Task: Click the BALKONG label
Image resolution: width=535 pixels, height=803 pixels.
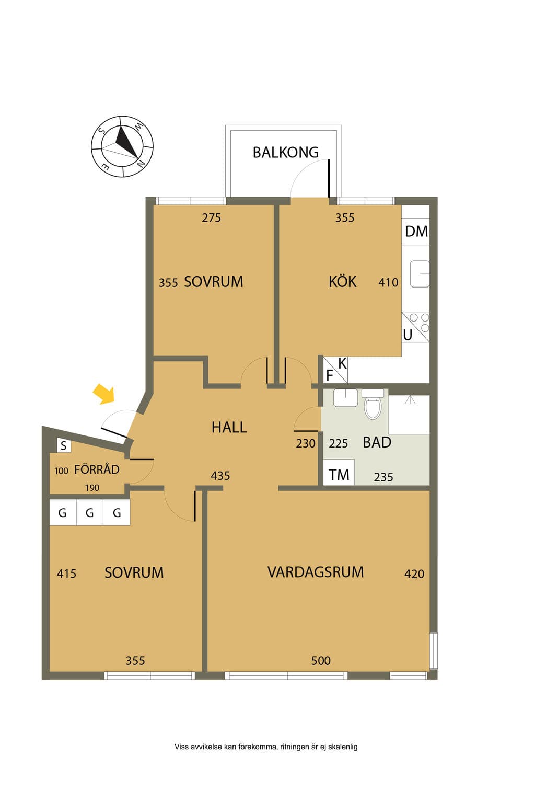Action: (286, 152)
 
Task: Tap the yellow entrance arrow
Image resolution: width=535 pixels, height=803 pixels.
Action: (104, 394)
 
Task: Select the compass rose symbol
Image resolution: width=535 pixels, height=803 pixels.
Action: (122, 146)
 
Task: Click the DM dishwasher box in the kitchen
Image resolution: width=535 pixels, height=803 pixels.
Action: (415, 232)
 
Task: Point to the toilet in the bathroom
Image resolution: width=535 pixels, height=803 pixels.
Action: (373, 405)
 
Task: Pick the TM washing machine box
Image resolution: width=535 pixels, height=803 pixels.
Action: (339, 473)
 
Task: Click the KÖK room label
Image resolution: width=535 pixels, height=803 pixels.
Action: (343, 281)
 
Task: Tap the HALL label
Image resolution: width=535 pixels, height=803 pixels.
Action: (229, 427)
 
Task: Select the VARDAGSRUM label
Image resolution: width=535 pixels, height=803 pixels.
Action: (316, 572)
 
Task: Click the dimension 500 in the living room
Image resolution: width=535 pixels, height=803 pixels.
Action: (321, 660)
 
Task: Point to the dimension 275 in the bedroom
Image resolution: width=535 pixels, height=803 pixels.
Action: (211, 217)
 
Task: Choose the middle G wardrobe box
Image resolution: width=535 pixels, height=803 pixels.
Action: (89, 513)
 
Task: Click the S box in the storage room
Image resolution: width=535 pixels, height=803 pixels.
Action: (64, 445)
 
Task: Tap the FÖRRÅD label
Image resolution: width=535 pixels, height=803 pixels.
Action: (97, 469)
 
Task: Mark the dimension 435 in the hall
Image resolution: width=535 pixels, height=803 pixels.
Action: (220, 476)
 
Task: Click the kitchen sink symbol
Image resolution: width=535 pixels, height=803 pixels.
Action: (420, 274)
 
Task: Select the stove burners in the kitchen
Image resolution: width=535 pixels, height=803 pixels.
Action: (420, 322)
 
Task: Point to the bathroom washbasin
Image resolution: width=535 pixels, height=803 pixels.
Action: (345, 397)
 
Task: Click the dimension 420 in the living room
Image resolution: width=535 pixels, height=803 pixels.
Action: (414, 574)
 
